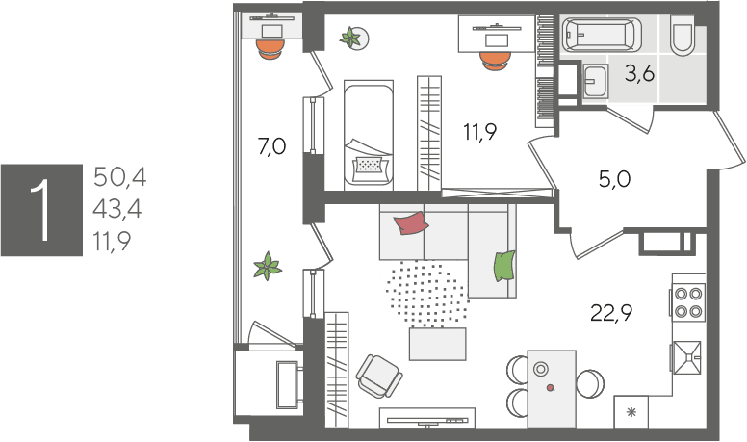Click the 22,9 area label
click(611, 313)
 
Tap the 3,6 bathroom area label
click(639, 74)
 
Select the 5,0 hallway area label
click(614, 179)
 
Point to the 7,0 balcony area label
click(271, 146)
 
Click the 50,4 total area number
click(119, 177)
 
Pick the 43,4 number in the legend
click(117, 209)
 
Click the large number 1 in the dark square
click(41, 210)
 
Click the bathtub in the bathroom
click(602, 34)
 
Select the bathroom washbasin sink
click(595, 81)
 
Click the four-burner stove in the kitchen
click(688, 302)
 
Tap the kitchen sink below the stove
click(686, 357)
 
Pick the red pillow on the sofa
click(411, 223)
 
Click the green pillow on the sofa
click(504, 266)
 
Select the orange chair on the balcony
click(270, 48)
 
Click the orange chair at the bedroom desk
click(496, 61)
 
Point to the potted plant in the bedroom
click(353, 39)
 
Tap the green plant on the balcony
click(268, 266)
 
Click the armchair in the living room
click(379, 376)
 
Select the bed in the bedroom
click(369, 135)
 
